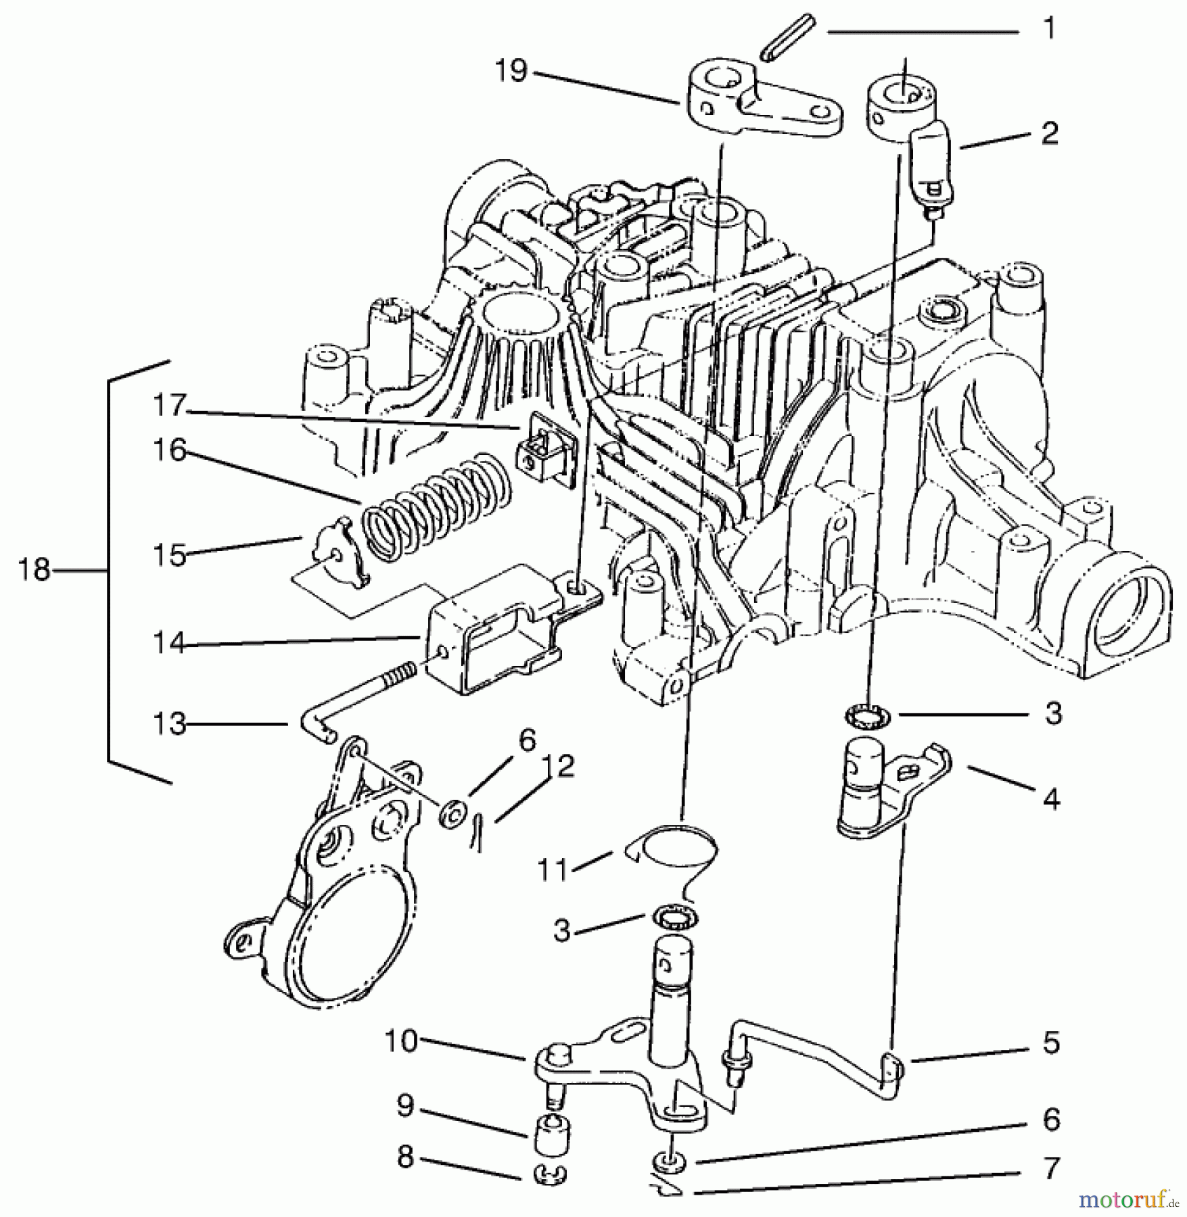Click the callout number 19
click(x=511, y=70)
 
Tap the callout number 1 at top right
click(x=1049, y=29)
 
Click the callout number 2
click(x=1049, y=133)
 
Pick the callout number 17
click(x=169, y=406)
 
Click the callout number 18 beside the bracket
click(x=34, y=570)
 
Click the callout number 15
click(x=169, y=555)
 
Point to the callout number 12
click(x=558, y=765)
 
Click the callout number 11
click(x=553, y=869)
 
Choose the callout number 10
click(x=402, y=1041)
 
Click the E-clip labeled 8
click(x=551, y=1175)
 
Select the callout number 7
click(x=1050, y=1168)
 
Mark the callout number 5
click(x=1050, y=1043)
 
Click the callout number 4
click(x=1050, y=800)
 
